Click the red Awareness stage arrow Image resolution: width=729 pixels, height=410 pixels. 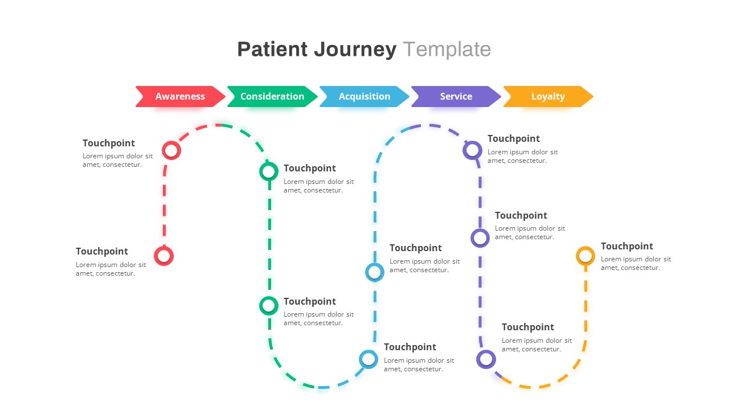[180, 96]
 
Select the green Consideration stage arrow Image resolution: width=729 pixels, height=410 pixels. [272, 96]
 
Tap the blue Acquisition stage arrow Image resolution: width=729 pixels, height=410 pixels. [364, 96]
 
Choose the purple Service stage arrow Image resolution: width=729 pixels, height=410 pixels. [456, 96]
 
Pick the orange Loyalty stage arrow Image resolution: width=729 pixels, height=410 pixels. [548, 96]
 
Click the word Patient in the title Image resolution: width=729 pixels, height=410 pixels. [272, 50]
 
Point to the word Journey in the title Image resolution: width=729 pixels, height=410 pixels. [355, 50]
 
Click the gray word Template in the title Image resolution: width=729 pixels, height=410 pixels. [447, 50]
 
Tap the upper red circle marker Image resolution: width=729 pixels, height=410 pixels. [171, 150]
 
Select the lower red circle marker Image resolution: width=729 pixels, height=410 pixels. [163, 256]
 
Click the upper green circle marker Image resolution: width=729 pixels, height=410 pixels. [269, 171]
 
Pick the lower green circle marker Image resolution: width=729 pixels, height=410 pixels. [269, 306]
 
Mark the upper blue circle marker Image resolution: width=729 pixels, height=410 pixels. [374, 272]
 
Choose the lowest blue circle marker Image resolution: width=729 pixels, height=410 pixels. [368, 359]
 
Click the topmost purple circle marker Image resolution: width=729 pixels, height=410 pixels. [472, 150]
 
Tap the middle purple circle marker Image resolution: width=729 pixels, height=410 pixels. [480, 238]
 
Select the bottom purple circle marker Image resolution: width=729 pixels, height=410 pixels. [486, 359]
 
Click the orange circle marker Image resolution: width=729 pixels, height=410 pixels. [585, 256]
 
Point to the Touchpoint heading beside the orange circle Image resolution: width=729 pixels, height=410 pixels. [626, 246]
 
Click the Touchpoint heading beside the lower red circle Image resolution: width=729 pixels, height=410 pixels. [102, 251]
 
